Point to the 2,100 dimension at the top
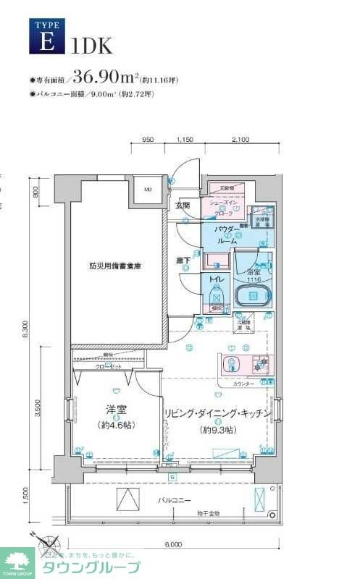click(x=240, y=140)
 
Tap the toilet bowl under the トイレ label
click(x=215, y=297)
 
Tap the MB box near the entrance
click(x=147, y=190)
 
